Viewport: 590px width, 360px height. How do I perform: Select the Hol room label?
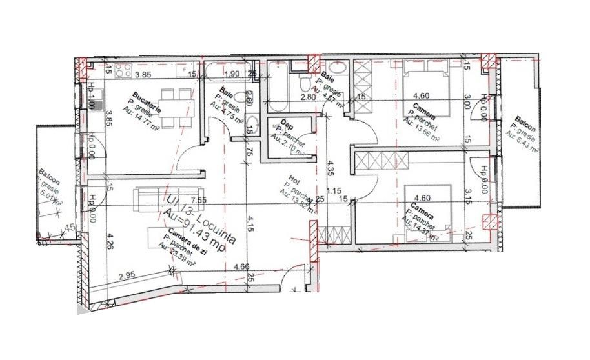[x=290, y=183]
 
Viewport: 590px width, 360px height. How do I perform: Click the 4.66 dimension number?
[x=241, y=266]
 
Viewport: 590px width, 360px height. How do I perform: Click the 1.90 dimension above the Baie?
[x=234, y=74]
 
